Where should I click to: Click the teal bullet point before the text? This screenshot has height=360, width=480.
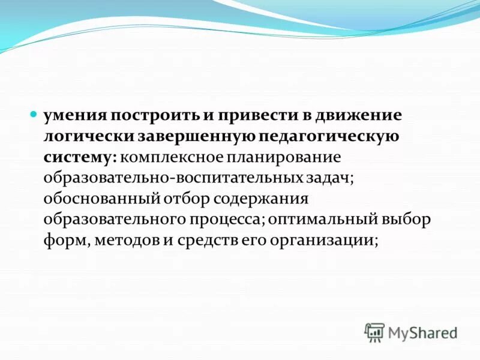(x=34, y=113)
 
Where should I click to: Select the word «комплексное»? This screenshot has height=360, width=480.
(x=171, y=157)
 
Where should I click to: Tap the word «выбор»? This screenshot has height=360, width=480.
(x=409, y=220)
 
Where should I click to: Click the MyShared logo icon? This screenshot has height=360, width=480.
(x=374, y=332)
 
